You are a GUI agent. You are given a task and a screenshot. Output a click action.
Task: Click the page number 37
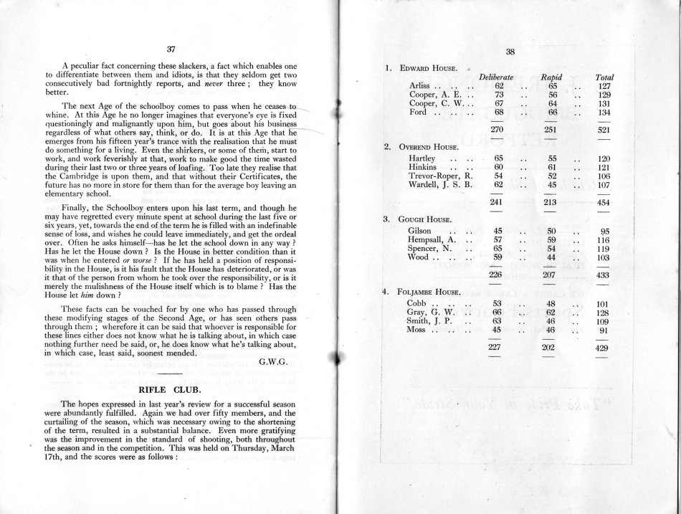coord(171,49)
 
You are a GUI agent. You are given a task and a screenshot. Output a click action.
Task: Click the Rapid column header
coord(551,77)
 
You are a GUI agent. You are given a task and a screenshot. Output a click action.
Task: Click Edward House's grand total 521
coord(604,130)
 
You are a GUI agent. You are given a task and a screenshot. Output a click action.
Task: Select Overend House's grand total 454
coord(604,202)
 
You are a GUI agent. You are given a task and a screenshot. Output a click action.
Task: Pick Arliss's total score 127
coord(604,86)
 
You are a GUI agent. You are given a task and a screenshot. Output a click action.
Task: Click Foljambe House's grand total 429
coord(604,347)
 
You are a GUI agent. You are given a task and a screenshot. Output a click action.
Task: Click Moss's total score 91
coord(604,330)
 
